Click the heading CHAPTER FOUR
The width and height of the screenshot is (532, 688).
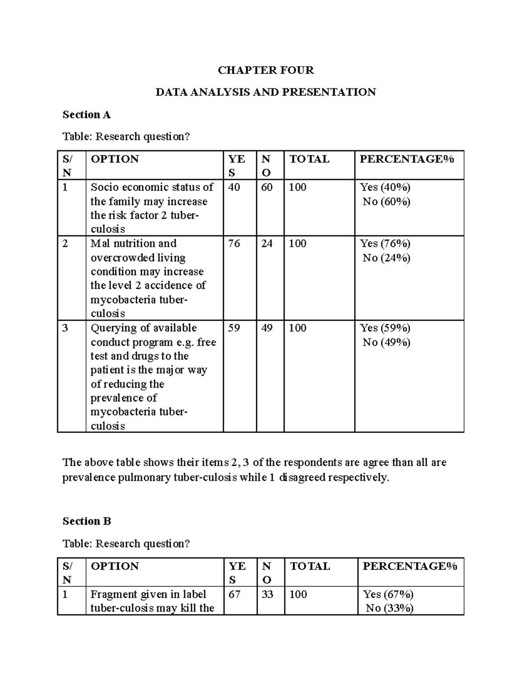coord(266,70)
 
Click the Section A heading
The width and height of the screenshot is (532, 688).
coord(86,115)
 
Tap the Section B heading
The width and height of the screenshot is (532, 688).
coord(87,521)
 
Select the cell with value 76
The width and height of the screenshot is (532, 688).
coord(234,244)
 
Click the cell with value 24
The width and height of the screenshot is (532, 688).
coord(266,244)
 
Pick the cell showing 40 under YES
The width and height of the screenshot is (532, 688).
coord(234,187)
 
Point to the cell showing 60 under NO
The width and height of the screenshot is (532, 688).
coord(266,187)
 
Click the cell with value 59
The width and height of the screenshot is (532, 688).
coord(234,328)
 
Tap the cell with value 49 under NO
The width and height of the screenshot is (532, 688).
coord(266,328)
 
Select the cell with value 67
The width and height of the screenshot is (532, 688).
coord(235,595)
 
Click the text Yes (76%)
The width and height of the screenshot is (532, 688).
coord(385,244)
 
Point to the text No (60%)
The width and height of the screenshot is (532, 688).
coord(386,202)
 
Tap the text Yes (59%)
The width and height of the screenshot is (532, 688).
coord(385,328)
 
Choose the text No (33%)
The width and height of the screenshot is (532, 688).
coord(389,609)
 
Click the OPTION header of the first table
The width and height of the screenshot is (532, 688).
coord(114,159)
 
